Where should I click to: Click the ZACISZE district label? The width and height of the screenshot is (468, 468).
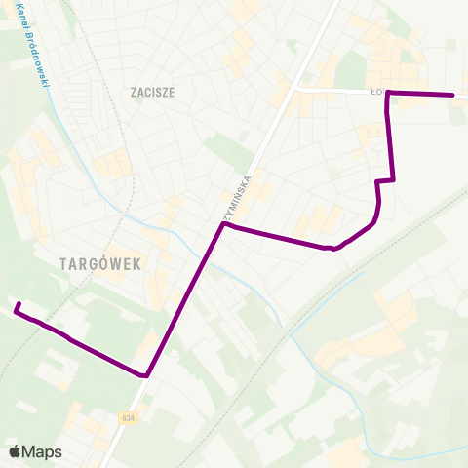coord(151,93)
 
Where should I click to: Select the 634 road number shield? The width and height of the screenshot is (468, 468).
coord(129,417)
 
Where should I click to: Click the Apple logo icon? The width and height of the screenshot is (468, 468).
coord(15,451)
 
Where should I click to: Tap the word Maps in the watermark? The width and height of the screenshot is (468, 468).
coord(42,451)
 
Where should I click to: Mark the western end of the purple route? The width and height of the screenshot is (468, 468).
coord(17,307)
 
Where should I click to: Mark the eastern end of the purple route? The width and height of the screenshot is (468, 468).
coord(453,95)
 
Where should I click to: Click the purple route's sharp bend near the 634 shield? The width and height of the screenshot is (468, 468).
coord(145,374)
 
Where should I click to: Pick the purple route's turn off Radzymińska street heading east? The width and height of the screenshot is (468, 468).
coord(224,225)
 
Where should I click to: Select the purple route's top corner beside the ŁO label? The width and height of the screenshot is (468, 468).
coord(389,93)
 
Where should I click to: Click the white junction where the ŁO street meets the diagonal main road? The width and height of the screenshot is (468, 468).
coord(296,90)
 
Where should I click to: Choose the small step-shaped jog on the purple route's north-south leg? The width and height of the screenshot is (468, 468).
coord(385,181)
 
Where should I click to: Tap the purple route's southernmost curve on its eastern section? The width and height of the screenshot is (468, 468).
coord(334,249)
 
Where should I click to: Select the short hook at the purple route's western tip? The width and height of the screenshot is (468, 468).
coord(19,311)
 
